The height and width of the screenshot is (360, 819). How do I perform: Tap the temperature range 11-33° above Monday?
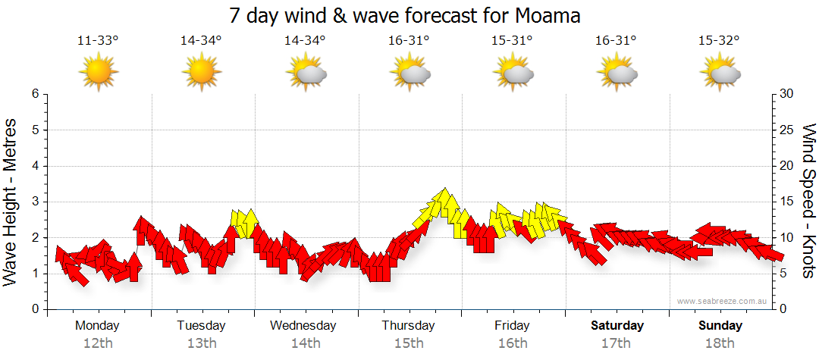pos(98,41)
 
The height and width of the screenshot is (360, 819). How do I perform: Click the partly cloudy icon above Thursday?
pos(410,73)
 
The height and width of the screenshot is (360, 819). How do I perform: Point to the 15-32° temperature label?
pos(719,41)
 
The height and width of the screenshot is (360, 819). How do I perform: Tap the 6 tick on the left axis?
pos(35,94)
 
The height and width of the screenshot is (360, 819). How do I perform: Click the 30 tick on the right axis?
pos(787,94)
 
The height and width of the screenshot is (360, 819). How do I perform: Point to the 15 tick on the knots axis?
pos(787,202)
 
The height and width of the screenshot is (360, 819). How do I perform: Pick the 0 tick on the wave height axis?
pos(35,309)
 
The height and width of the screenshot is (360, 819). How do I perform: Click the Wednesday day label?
pos(303,326)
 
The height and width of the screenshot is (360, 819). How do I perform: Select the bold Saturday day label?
pos(617,326)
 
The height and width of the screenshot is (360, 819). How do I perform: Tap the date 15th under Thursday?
pos(409,343)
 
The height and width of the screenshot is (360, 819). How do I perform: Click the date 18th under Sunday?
pos(720,343)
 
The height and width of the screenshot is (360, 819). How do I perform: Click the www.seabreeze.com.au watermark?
pos(723,301)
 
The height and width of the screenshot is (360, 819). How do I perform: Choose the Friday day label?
pos(513,326)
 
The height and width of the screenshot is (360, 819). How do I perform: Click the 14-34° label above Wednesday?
pos(305,41)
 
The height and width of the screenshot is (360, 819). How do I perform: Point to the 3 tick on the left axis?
pos(35,202)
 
